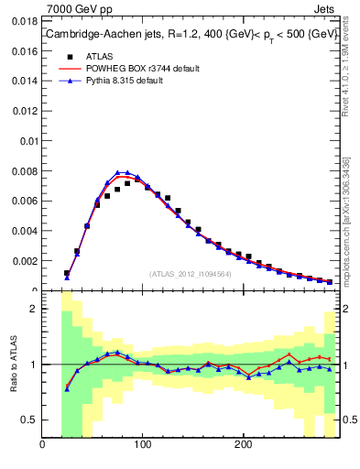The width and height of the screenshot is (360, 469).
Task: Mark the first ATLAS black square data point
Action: pyautogui.click(x=67, y=273)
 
